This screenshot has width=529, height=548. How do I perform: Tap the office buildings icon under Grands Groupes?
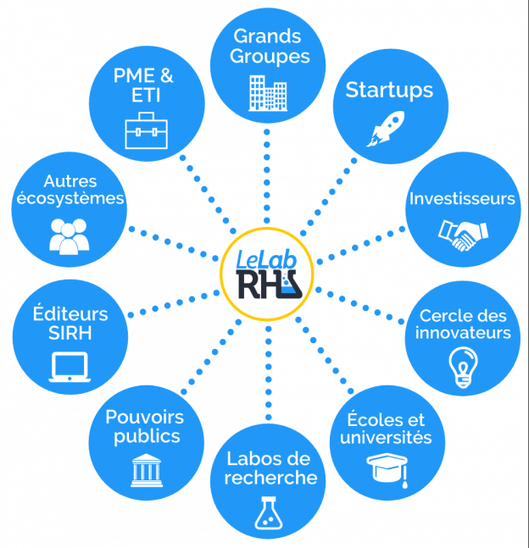[x=266, y=92]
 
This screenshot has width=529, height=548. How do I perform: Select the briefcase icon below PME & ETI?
[x=146, y=130]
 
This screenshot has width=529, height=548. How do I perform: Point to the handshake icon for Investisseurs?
[x=462, y=235]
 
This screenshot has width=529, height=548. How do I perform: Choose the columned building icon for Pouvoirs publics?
[x=147, y=469]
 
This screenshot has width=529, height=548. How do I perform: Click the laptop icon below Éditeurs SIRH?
[x=70, y=365]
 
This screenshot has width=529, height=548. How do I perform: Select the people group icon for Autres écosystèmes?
[x=70, y=235]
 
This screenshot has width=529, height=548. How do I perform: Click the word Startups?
[x=389, y=91]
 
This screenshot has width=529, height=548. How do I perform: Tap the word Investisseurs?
[x=462, y=199]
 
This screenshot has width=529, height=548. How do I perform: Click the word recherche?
[x=271, y=479]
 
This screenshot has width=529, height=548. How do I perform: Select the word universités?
[x=386, y=438]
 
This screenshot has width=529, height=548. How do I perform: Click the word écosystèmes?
[x=71, y=199]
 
